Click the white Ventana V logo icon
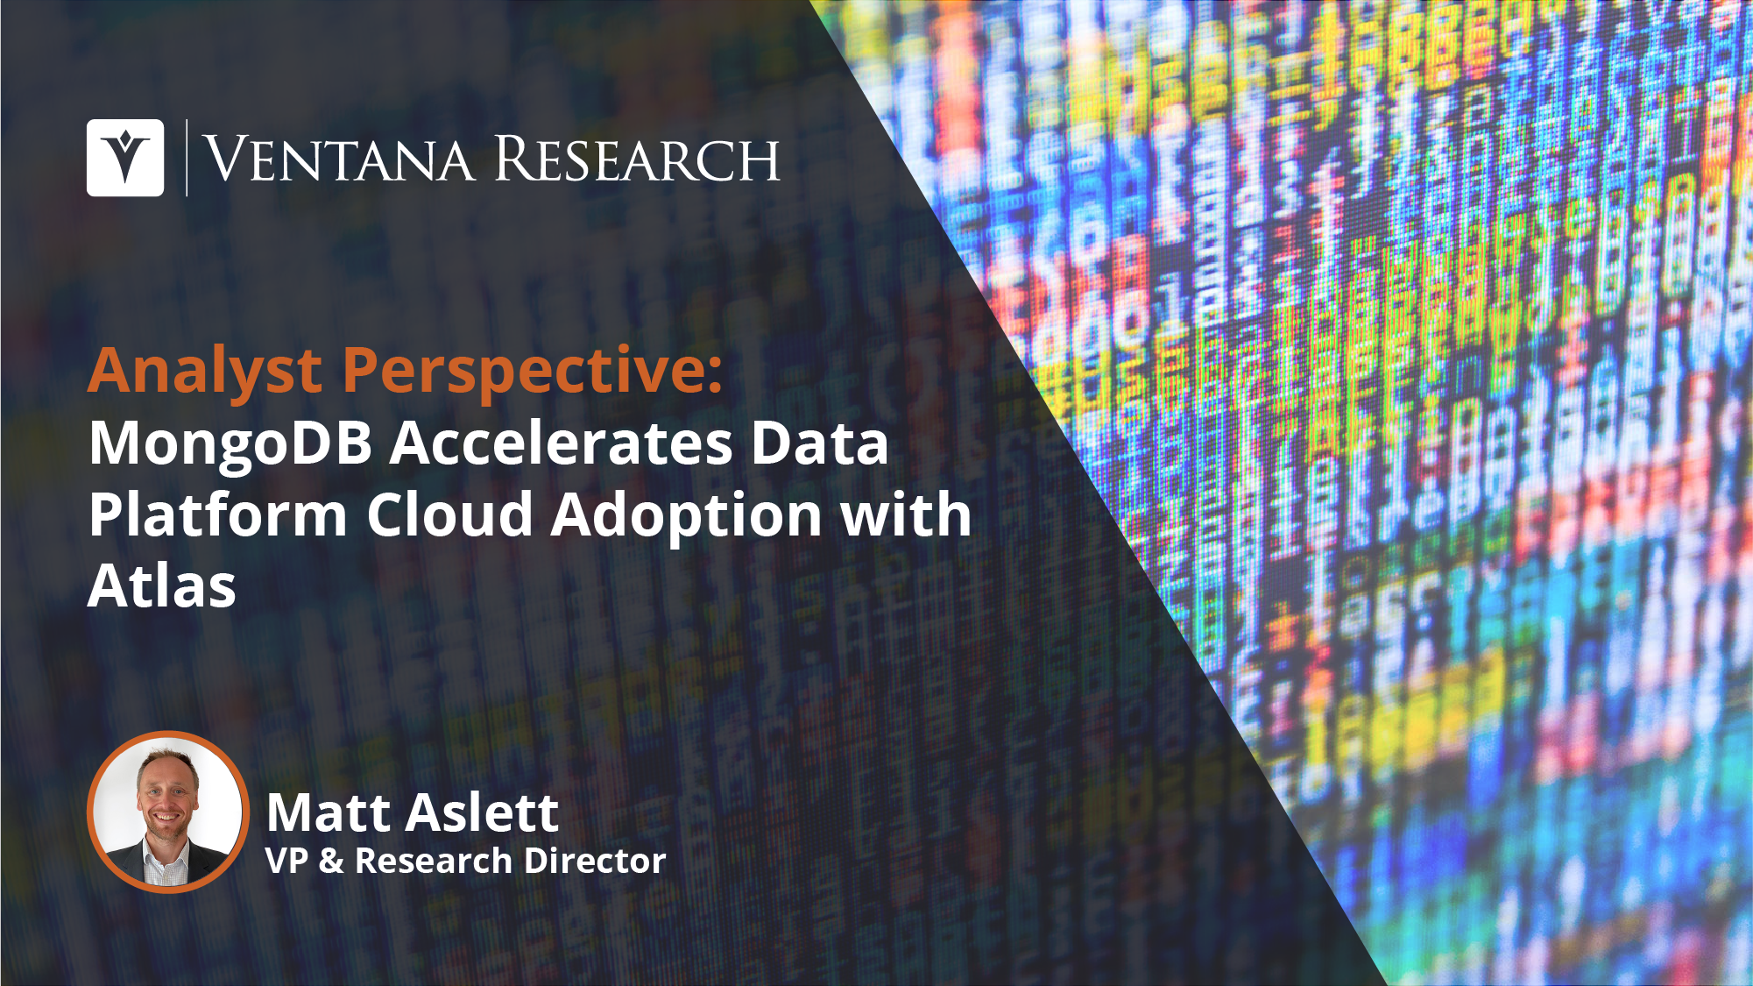click(125, 158)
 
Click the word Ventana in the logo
click(339, 160)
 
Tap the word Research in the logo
click(637, 160)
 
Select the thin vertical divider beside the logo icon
click(187, 158)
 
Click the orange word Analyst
click(205, 372)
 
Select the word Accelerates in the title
click(562, 443)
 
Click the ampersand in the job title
click(331, 861)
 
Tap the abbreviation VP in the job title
click(286, 861)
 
